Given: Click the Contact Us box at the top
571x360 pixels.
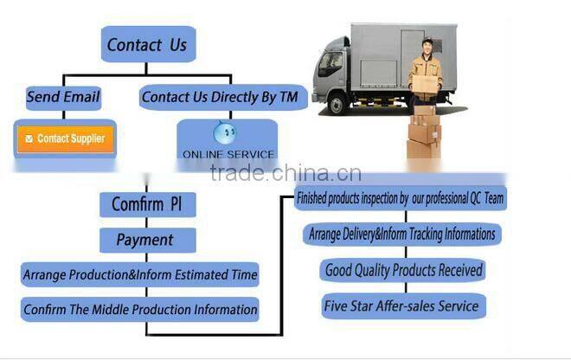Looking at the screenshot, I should pos(146,43).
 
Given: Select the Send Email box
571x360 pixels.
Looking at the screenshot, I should pos(63,97).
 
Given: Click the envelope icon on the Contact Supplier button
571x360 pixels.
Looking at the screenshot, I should pos(29,138).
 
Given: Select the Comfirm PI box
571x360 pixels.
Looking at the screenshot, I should pos(146,205).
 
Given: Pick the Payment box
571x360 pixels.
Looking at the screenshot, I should pos(145,240).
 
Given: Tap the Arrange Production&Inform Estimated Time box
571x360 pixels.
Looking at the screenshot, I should pos(140,275).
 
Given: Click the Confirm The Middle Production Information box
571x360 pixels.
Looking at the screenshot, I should pos(140,309).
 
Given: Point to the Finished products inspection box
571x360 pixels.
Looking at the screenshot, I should pos(401,198).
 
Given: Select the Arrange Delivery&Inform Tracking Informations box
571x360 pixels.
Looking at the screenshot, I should pos(401,234).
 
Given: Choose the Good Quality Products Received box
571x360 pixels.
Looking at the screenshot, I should pos(403,270).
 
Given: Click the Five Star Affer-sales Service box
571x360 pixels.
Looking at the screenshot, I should pos(401,305).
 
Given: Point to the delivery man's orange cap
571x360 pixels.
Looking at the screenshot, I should pos(425,41).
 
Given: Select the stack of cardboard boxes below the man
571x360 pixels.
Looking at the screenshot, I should pos(424,132).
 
